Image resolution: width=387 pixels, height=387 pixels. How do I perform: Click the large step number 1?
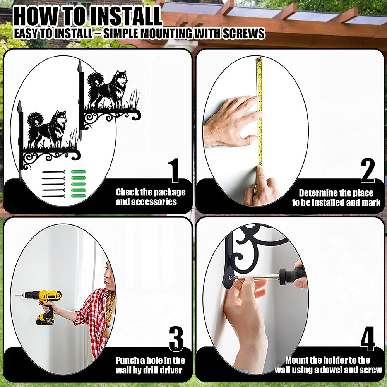pyautogui.click(x=175, y=171)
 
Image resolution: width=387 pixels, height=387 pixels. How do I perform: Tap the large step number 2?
pyautogui.click(x=368, y=171)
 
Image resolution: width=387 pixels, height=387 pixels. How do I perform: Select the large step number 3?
pyautogui.click(x=176, y=339)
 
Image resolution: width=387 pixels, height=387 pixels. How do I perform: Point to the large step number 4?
pyautogui.click(x=368, y=339)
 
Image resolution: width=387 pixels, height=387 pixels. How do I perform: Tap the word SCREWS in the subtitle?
pyautogui.click(x=244, y=33)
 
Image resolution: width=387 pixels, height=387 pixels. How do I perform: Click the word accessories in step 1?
pyautogui.click(x=146, y=202)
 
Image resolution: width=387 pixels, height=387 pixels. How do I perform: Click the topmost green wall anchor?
pyautogui.click(x=78, y=172)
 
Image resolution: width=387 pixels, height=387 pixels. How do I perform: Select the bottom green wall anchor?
pyautogui.click(x=78, y=196)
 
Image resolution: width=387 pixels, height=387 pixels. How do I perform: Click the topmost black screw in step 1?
pyautogui.click(x=53, y=172)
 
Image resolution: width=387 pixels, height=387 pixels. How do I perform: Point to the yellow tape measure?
pyautogui.click(x=259, y=111)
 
